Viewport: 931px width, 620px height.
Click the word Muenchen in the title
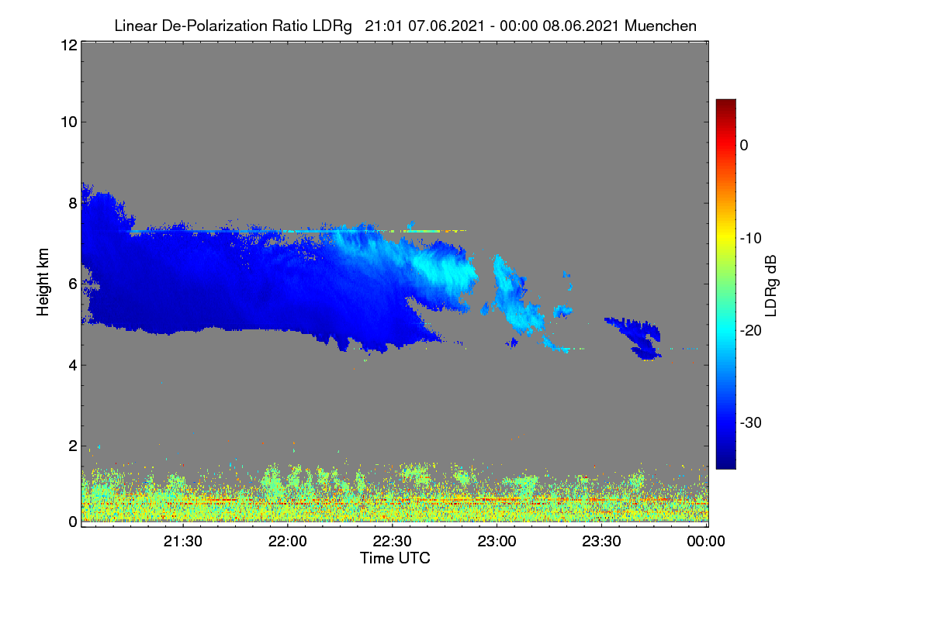[x=660, y=26]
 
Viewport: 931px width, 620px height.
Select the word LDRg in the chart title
[x=332, y=26]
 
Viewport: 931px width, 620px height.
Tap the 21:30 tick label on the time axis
[x=182, y=541]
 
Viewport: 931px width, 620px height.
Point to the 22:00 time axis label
[x=287, y=541]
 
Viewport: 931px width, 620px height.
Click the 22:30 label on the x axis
[x=392, y=541]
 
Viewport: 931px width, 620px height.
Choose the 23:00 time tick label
[x=497, y=541]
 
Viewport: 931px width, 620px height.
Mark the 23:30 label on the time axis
[x=601, y=541]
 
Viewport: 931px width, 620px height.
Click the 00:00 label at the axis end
[x=706, y=541]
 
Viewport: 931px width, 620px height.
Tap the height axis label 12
[x=69, y=45]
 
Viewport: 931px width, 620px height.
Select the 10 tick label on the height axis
[x=69, y=122]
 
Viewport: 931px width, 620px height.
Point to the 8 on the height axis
[x=73, y=203]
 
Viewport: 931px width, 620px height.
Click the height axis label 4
[x=73, y=366]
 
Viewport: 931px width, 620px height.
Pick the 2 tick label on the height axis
[x=73, y=446]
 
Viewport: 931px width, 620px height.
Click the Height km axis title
[x=43, y=282]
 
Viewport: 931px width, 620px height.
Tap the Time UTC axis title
[x=395, y=558]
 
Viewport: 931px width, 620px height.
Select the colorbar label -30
[x=751, y=422]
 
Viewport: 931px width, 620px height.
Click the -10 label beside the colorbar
[x=751, y=239]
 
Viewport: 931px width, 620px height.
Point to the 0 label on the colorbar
[x=744, y=146]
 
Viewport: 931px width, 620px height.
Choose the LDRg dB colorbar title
[x=771, y=286]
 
